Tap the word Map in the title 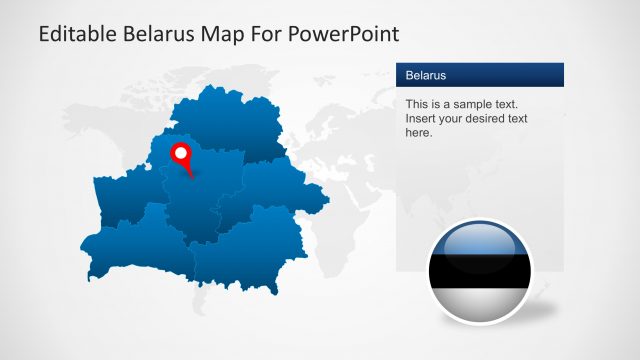(x=226, y=34)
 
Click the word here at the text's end (x=418, y=132)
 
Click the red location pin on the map (x=182, y=155)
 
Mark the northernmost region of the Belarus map (x=235, y=120)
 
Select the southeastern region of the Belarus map (x=250, y=250)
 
